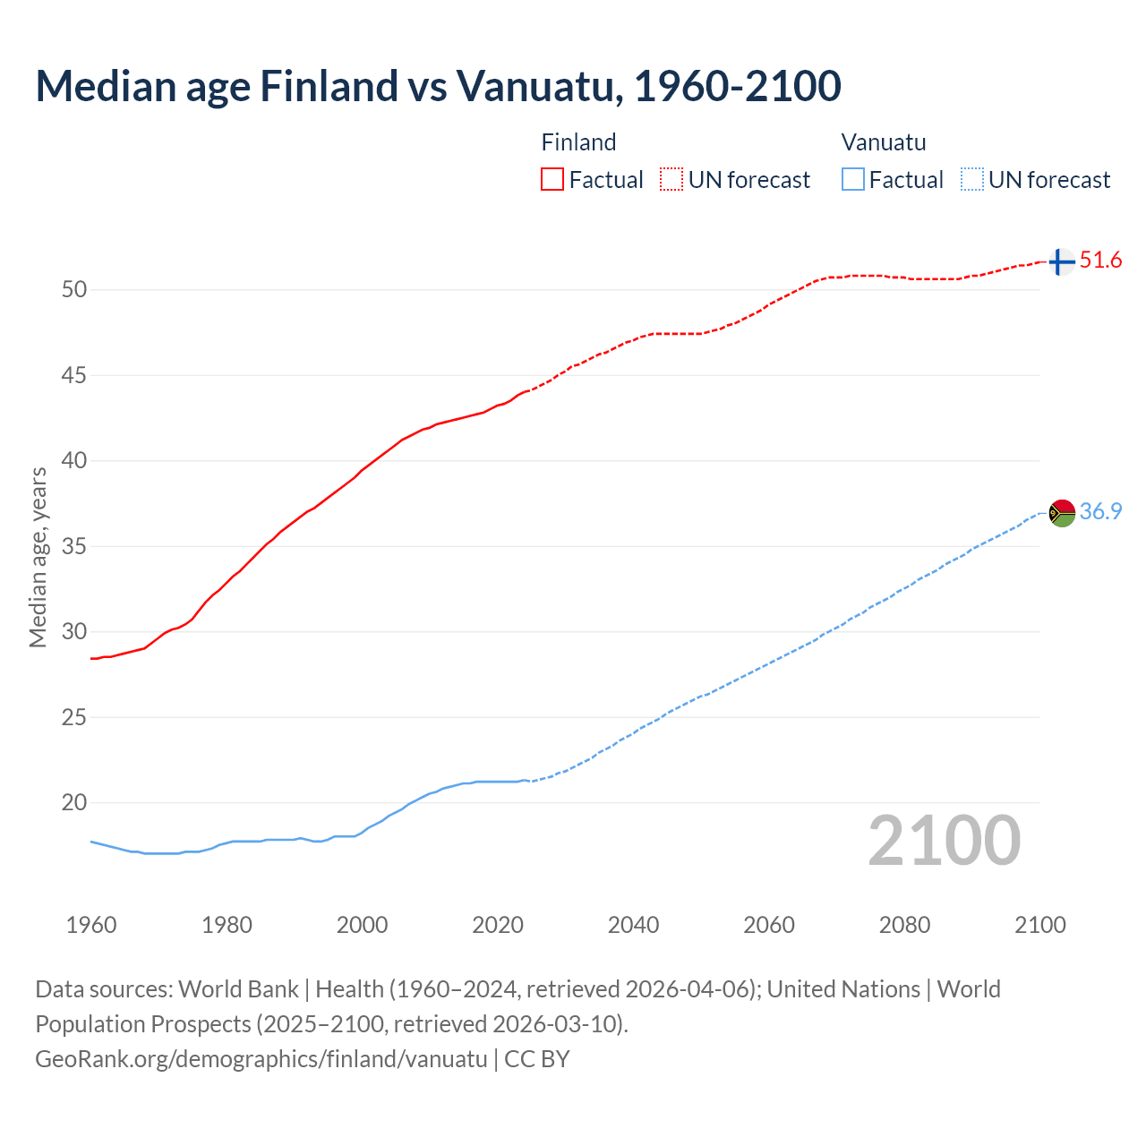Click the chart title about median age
click(x=438, y=86)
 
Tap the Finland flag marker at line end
click(x=1061, y=262)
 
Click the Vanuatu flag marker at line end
click(x=1061, y=513)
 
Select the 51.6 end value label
click(x=1100, y=261)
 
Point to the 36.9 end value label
click(x=1100, y=511)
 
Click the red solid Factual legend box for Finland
click(x=552, y=179)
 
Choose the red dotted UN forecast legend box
click(x=671, y=179)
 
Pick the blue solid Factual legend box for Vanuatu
click(x=852, y=179)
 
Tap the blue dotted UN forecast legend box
click(x=971, y=179)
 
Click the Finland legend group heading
click(x=578, y=142)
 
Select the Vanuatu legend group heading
click(x=883, y=142)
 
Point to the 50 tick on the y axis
click(x=73, y=289)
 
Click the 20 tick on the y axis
click(x=73, y=802)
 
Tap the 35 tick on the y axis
click(x=73, y=546)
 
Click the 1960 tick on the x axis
click(x=91, y=925)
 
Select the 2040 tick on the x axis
click(x=633, y=925)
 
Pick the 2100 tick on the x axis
click(x=1039, y=925)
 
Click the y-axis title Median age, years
click(x=38, y=557)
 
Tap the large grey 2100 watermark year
click(x=944, y=841)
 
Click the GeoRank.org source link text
click(x=261, y=1059)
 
